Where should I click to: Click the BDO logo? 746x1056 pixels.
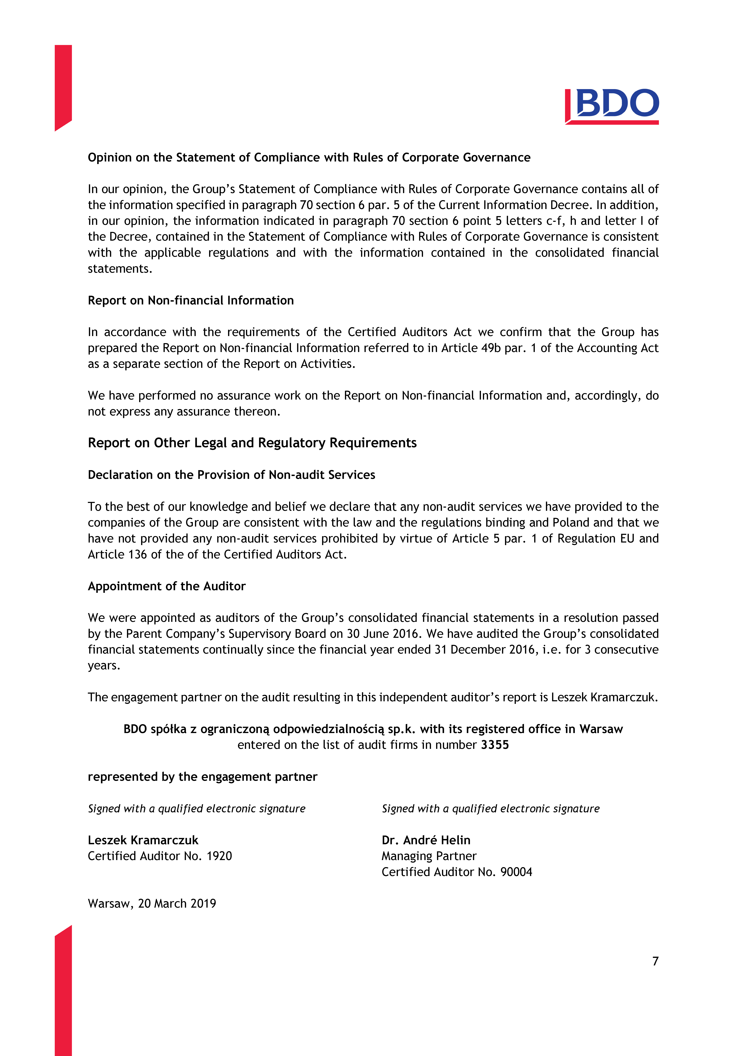tap(612, 106)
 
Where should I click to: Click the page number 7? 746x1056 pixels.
tap(655, 961)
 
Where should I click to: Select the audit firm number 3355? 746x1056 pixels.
tap(495, 745)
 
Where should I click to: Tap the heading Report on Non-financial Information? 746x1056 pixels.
tap(191, 300)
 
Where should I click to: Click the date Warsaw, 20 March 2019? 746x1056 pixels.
tap(152, 903)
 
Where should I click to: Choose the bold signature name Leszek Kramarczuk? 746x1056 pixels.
tap(143, 840)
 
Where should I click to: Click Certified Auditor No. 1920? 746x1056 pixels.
tap(159, 856)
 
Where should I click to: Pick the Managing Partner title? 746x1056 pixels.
tap(429, 856)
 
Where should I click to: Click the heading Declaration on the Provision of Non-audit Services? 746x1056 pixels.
tap(231, 475)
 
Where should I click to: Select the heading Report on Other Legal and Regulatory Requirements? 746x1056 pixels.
tap(252, 442)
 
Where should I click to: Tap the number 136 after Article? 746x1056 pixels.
tap(137, 554)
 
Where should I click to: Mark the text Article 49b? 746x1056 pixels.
tap(471, 348)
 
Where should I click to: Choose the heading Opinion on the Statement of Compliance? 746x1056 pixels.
tap(309, 157)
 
